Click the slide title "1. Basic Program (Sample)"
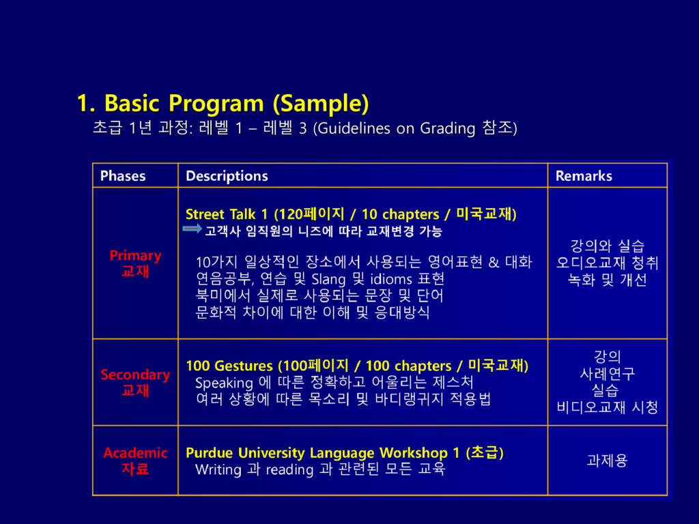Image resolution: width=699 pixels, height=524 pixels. pyautogui.click(x=223, y=104)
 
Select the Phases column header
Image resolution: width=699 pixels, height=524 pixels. pyautogui.click(x=123, y=176)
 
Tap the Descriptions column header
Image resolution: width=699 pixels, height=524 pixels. pyautogui.click(x=227, y=176)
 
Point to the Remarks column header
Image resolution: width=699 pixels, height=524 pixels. pyautogui.click(x=584, y=176)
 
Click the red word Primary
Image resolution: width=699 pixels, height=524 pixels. pyautogui.click(x=136, y=256)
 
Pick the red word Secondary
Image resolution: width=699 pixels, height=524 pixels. pyautogui.click(x=136, y=375)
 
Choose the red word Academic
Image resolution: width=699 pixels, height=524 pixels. pyautogui.click(x=136, y=453)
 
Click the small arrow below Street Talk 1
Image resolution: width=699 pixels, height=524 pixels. pyautogui.click(x=192, y=229)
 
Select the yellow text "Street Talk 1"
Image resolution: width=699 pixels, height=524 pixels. pyautogui.click(x=227, y=214)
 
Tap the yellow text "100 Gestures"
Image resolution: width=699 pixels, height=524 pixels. pyautogui.click(x=229, y=366)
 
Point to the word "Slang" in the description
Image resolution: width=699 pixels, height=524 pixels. pyautogui.click(x=328, y=279)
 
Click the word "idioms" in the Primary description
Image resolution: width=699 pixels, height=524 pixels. pyautogui.click(x=391, y=279)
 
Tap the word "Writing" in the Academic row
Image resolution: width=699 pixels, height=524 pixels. pyautogui.click(x=218, y=469)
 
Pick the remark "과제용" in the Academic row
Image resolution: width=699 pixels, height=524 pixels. pyautogui.click(x=607, y=461)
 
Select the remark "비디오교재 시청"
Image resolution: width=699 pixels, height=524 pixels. pyautogui.click(x=607, y=407)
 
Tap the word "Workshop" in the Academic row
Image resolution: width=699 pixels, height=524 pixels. pyautogui.click(x=414, y=453)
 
